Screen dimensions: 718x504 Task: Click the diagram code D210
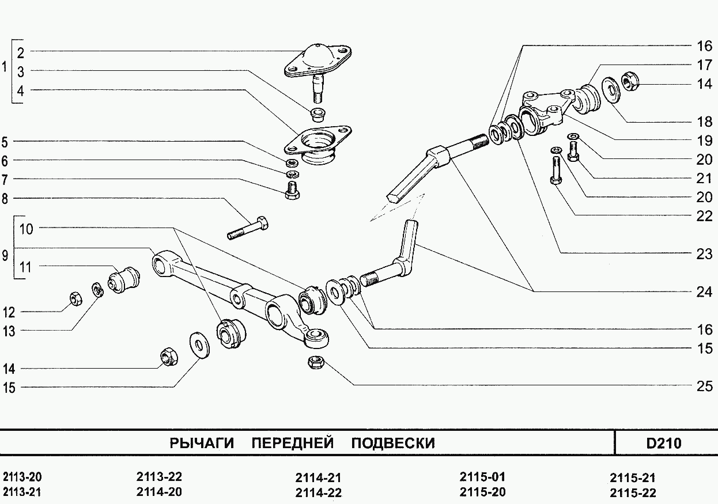[x=663, y=444]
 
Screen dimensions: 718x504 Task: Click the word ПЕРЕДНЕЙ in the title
[x=293, y=443]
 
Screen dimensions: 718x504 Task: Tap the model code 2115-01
[x=482, y=477]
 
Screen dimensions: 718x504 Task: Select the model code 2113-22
[x=159, y=477]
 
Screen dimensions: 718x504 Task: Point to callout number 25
[x=704, y=386]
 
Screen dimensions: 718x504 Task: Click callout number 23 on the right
[x=704, y=254]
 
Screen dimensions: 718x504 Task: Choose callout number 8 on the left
[x=5, y=199]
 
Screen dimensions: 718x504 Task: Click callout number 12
[x=9, y=312]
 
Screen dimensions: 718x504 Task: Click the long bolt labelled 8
[x=247, y=228]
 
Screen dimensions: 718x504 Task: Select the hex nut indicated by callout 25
[x=316, y=362]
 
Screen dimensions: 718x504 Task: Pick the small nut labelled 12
[x=76, y=298]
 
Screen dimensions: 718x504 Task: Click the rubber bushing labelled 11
[x=124, y=279]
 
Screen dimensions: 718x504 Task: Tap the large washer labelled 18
[x=611, y=90]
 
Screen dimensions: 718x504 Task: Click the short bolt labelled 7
[x=292, y=190]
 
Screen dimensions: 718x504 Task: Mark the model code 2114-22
[x=318, y=492]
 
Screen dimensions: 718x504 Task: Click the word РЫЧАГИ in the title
[x=202, y=443]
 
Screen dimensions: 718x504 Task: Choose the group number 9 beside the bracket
[x=5, y=256]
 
